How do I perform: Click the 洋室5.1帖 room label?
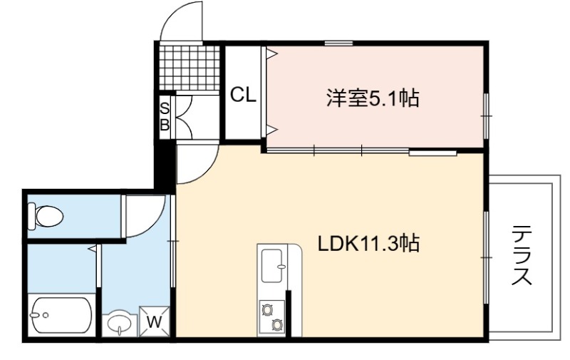(373, 98)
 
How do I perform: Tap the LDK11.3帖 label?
(368, 243)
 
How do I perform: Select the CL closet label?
(243, 96)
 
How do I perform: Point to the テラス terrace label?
(522, 255)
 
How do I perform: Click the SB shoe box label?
(165, 117)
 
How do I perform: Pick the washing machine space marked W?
(155, 322)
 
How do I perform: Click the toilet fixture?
(46, 217)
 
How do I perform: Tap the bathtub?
(61, 315)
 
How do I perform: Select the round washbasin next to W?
(119, 322)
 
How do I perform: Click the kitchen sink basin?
(272, 266)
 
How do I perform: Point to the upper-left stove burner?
(267, 310)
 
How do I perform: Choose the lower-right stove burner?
(277, 324)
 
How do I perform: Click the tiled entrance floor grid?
(190, 68)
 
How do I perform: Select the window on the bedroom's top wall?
(338, 43)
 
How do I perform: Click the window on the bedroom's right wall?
(486, 116)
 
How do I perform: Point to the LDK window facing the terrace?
(486, 257)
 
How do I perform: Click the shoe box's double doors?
(183, 117)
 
